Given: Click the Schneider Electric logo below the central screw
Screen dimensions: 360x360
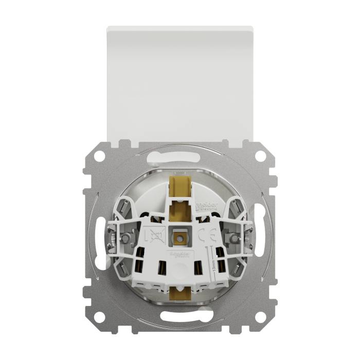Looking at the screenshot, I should coord(181,255).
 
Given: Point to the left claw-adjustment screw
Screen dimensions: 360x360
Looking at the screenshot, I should coord(124,238).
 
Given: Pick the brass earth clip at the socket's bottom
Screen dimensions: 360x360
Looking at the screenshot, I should coord(180,292).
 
